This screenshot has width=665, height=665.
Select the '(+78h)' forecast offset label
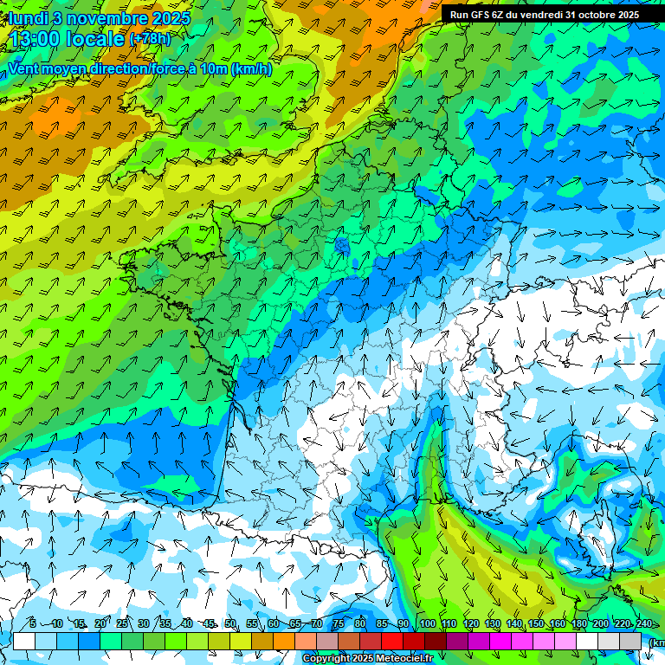[x=150, y=39]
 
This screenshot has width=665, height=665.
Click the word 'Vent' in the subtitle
[x=25, y=68]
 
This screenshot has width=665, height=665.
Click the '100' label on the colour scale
[x=427, y=623]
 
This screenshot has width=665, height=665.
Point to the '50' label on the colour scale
[x=230, y=623]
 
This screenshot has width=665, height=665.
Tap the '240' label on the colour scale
[x=643, y=623]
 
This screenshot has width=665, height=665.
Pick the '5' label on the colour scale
[x=33, y=623]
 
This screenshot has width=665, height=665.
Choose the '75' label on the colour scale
[x=339, y=623]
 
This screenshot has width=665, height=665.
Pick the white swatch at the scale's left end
[x=24, y=641]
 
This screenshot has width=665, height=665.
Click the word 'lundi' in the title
[x=28, y=18]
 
